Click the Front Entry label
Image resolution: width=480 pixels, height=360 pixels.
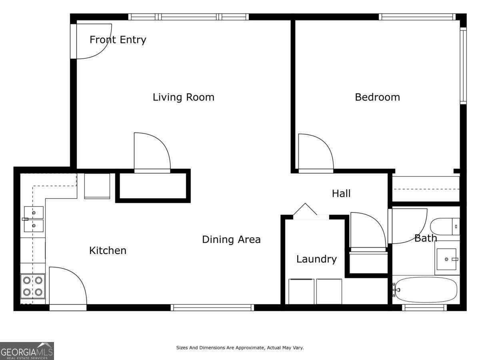click(118, 40)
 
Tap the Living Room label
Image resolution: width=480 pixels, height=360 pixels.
click(183, 97)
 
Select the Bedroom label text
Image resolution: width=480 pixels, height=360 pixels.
click(377, 97)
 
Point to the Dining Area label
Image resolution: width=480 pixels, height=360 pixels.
click(231, 240)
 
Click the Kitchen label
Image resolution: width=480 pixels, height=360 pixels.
click(108, 251)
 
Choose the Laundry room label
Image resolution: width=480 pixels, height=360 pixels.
click(316, 259)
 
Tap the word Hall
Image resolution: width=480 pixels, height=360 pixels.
click(341, 194)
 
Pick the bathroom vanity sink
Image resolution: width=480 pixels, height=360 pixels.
click(447, 259)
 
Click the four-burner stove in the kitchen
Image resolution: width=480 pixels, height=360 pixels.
click(33, 286)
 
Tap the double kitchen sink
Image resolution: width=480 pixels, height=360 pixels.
click(33, 219)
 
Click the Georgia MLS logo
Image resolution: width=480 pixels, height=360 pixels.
click(27, 351)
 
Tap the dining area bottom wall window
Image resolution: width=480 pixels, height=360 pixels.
click(212, 307)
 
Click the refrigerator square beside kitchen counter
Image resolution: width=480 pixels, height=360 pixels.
click(97, 186)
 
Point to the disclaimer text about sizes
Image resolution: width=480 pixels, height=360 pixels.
click(240, 348)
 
